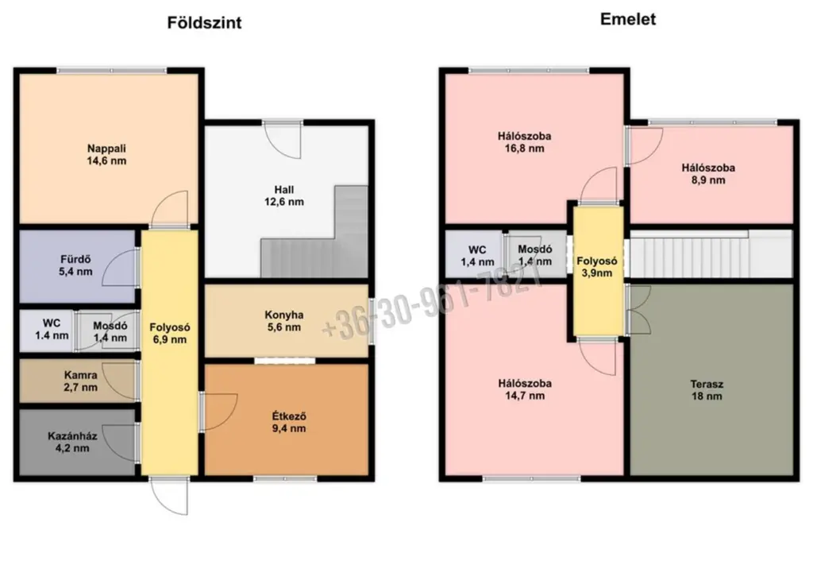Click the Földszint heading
[x=204, y=23]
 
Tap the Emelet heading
[x=628, y=19]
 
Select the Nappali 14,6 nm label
[x=106, y=155]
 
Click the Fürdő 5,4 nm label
[x=75, y=265]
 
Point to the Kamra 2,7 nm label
[x=80, y=381]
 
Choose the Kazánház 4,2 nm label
[x=72, y=442]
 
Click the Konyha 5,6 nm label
[x=284, y=321]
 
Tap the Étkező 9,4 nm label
[x=289, y=422]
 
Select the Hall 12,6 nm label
[x=284, y=195]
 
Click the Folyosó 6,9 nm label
[x=170, y=333]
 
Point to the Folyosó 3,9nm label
[x=597, y=267]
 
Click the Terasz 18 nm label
[x=707, y=390]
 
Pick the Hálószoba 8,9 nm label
[x=708, y=174]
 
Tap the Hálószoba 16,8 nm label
[x=524, y=142]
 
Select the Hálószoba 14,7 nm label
[x=525, y=390]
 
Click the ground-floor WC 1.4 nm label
[x=52, y=330]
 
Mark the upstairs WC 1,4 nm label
[x=477, y=257]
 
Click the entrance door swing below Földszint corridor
[x=169, y=497]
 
